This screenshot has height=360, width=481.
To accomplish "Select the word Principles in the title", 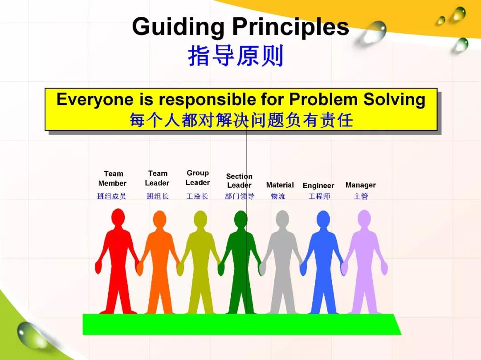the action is (290, 27).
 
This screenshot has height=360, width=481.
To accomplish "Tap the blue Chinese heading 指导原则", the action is (236, 56).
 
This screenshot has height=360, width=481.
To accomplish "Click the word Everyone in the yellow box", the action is (95, 100).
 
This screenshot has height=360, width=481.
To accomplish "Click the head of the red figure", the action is (118, 218).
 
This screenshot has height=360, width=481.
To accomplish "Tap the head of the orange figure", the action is (159, 219).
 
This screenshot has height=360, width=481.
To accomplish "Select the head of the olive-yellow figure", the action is (200, 219).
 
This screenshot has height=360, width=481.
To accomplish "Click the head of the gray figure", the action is (282, 219).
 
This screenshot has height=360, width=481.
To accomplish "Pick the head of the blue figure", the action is (323, 219).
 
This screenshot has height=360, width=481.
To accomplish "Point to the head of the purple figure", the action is (364, 219).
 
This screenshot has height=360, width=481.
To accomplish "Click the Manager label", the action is (360, 185).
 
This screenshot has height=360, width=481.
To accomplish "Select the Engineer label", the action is (318, 186).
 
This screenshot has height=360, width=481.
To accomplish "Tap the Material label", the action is (280, 185).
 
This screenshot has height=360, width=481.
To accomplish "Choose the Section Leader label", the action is (239, 181).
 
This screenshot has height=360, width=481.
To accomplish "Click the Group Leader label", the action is (198, 178).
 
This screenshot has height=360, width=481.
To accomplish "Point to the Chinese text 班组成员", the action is (112, 196).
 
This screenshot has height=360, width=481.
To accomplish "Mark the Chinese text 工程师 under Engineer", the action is (319, 196).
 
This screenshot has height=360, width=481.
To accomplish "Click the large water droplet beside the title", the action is (374, 32).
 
